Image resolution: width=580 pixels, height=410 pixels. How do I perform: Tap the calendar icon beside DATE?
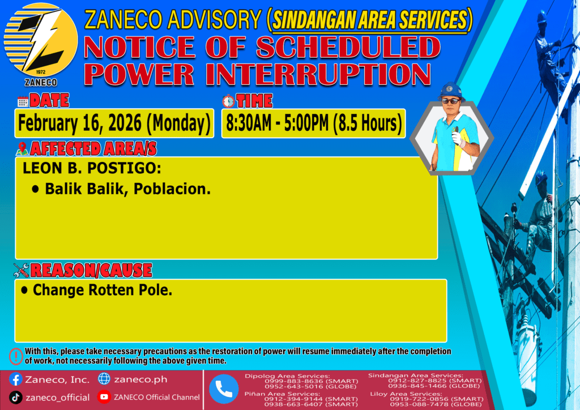coord(23,101)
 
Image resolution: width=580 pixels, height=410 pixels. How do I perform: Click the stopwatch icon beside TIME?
coord(228,101)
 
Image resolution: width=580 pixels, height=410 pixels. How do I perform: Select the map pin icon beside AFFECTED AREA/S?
coord(22,148)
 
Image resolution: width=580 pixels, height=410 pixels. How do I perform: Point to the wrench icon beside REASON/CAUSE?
coord(21,270)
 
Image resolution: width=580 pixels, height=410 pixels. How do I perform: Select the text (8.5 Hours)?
coord(367,123)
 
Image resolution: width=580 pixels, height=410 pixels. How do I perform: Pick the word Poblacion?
coord(172,189)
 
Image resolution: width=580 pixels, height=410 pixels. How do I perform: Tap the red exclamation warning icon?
coord(16,356)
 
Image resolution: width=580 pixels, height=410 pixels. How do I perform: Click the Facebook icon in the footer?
coord(15,379)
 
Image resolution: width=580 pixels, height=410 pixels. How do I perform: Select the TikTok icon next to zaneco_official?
coord(15,398)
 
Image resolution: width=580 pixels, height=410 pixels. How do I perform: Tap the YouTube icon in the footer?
coord(104,397)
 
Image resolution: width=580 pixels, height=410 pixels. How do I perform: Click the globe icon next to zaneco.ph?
coord(104,379)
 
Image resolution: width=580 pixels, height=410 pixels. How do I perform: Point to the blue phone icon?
coord(224,389)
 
